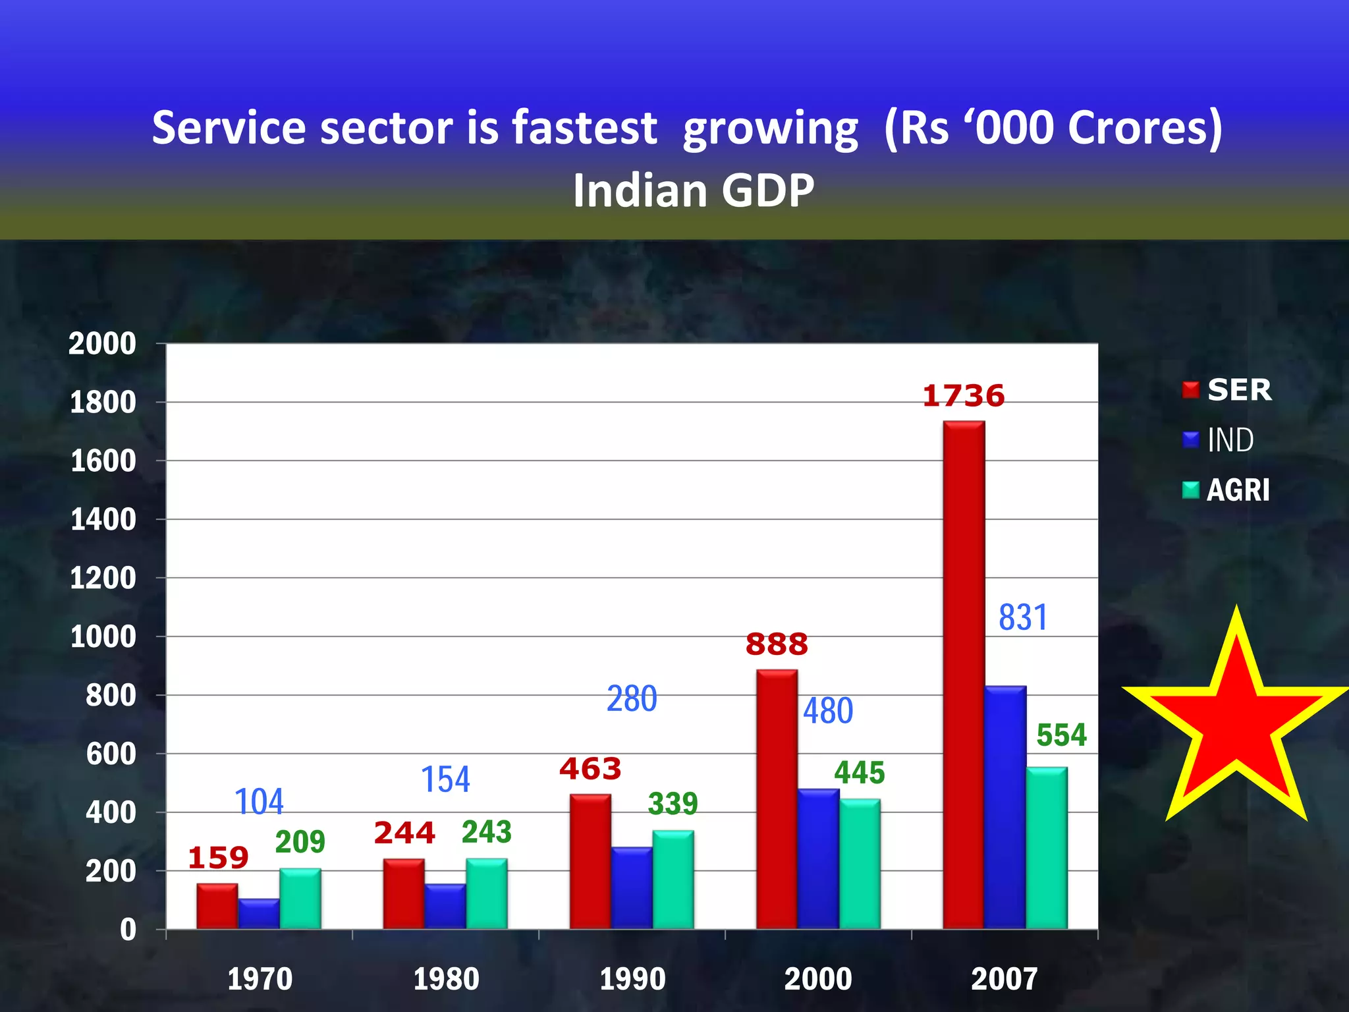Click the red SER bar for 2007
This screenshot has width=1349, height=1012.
click(x=964, y=675)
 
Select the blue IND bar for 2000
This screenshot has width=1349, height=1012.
click(x=818, y=859)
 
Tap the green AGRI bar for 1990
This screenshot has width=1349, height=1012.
click(x=673, y=880)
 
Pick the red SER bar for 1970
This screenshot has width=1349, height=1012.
click(x=217, y=907)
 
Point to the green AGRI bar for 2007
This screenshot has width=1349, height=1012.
click(x=1047, y=849)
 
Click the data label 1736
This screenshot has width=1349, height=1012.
click(x=963, y=396)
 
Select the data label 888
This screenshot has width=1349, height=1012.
click(x=777, y=644)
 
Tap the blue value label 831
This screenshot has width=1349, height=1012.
click(x=1022, y=618)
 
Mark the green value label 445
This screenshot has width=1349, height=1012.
click(x=859, y=773)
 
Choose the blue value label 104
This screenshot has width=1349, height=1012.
click(x=259, y=802)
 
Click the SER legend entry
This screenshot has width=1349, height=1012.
click(x=1227, y=390)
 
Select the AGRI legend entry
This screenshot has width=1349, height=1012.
click(x=1226, y=490)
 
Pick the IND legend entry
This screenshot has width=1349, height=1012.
click(x=1219, y=440)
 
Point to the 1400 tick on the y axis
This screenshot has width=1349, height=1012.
click(x=103, y=520)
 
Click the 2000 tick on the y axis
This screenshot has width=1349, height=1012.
click(x=102, y=344)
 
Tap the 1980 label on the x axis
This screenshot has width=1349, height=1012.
click(x=446, y=978)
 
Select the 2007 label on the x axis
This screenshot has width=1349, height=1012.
click(x=1004, y=978)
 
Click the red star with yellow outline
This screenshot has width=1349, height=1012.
click(x=1236, y=725)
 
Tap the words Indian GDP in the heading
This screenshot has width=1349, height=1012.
click(x=693, y=190)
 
